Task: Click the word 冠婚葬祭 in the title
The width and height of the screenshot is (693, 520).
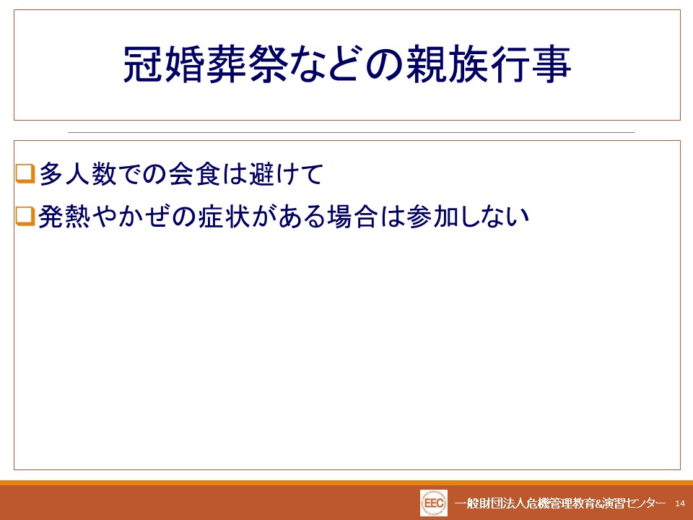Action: coord(206,64)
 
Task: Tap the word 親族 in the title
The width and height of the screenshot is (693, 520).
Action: coord(448,64)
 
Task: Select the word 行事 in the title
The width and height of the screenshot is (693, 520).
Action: coord(531,64)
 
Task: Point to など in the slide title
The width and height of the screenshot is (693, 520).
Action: coord(326,64)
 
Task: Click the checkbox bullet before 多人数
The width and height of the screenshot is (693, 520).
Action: coord(25,173)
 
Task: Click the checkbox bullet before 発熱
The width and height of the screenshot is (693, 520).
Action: coord(25,216)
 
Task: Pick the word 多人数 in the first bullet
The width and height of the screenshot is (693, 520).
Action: coord(78,173)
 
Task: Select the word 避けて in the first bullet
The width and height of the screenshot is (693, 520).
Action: coord(287,173)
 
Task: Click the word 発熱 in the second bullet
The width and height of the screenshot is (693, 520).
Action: coord(64,217)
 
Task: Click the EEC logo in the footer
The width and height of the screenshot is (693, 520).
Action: coord(434,503)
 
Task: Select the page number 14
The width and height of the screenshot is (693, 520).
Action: coord(680,503)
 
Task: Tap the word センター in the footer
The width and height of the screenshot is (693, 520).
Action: coord(646,503)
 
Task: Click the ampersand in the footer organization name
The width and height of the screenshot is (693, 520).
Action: coord(599,503)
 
